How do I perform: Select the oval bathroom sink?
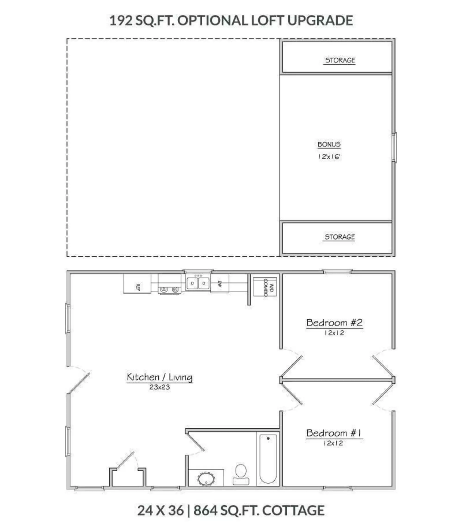[x=206, y=479]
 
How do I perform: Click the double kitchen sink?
[x=198, y=283]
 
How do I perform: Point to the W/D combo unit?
[x=265, y=287]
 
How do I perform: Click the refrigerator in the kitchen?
[x=137, y=284]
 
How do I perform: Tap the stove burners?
[x=169, y=290]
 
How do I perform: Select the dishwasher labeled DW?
[x=220, y=284]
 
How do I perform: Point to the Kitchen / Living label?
[x=160, y=377]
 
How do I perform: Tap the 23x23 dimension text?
[x=160, y=387]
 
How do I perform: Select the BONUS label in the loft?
[x=329, y=144]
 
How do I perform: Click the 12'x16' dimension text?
[x=329, y=156]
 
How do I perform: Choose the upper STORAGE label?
[x=340, y=60]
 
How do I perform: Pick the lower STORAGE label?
[x=339, y=237]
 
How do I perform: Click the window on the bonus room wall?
[x=394, y=148]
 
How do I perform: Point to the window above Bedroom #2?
[x=337, y=271]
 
